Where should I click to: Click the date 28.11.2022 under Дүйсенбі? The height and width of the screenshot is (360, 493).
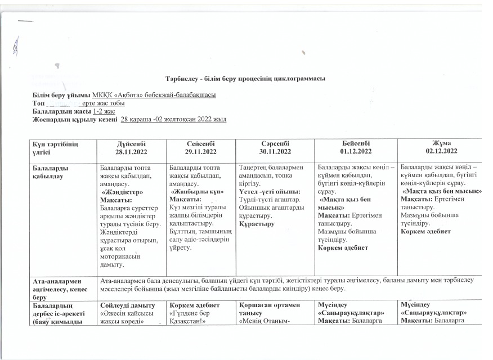point(133,152)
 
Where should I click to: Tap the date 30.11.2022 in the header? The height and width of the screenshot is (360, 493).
point(276,152)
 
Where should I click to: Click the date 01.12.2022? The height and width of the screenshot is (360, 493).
point(354,152)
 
